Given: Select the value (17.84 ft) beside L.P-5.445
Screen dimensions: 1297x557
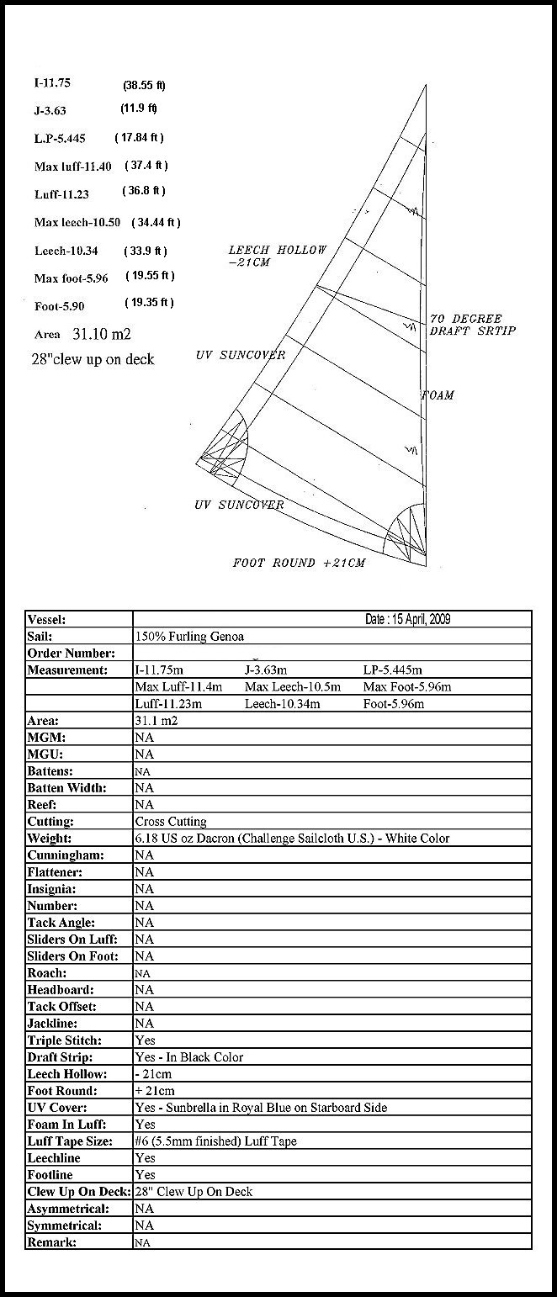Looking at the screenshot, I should (139, 137).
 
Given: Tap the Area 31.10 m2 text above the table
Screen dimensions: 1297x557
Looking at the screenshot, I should (82, 334).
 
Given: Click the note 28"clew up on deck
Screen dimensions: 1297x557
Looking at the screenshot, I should (93, 359).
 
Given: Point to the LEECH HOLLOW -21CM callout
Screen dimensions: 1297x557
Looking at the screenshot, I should (277, 256).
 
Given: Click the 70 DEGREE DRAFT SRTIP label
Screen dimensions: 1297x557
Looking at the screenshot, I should (471, 325).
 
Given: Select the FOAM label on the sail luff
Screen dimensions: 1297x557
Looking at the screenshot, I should (438, 395).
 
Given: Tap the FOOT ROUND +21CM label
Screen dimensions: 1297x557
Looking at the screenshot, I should (299, 563).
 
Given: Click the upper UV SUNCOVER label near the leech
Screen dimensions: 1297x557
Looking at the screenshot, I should (241, 355).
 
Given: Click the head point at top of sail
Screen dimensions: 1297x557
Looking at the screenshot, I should (426, 86).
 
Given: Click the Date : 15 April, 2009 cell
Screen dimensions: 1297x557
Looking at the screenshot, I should (407, 619).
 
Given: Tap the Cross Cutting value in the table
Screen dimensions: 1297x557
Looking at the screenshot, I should (170, 821).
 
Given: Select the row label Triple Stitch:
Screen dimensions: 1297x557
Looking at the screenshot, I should (64, 1040).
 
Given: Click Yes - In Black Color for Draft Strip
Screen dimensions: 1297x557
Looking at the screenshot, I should (188, 1057).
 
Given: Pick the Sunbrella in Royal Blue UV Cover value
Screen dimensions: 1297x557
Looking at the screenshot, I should (261, 1108).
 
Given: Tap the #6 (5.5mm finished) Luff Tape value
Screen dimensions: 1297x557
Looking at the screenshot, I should (215, 1141).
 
